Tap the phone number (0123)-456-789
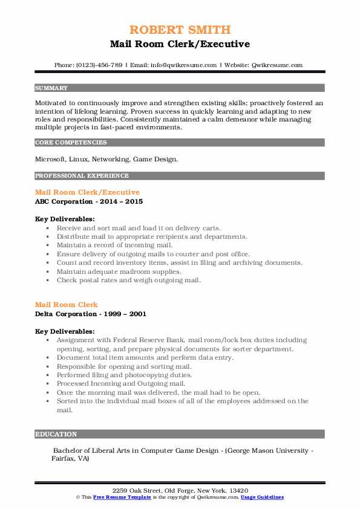coord(96,65)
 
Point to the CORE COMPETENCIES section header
coord(71,143)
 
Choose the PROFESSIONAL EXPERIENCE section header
coord(82,176)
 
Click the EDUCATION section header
coord(56,434)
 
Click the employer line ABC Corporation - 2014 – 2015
coord(89,201)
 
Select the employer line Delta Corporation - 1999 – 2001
coord(91,314)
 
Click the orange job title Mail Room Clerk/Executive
coord(87,192)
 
